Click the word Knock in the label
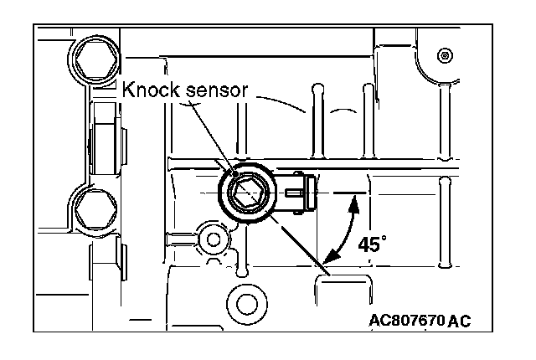pyautogui.click(x=150, y=90)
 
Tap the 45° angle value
pyautogui.click(x=371, y=244)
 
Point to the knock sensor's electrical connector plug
pyautogui.click(x=296, y=192)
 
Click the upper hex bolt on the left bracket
pyautogui.click(x=91, y=59)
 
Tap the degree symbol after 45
pyautogui.click(x=384, y=239)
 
